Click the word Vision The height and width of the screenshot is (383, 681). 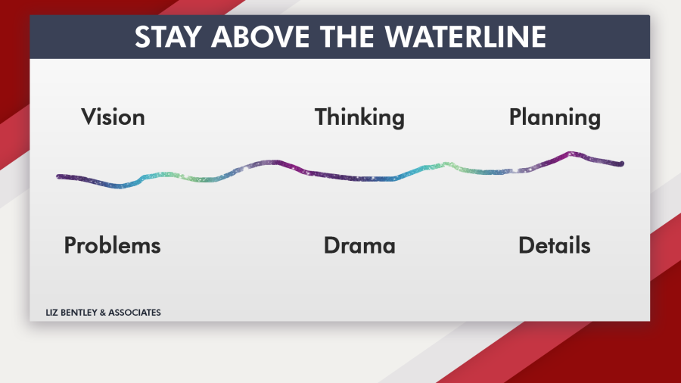[x=113, y=117]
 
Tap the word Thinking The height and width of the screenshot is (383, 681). [x=359, y=117]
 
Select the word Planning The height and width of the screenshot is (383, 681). [x=555, y=117]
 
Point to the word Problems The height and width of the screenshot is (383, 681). [x=113, y=245]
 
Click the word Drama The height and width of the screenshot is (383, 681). [x=359, y=245]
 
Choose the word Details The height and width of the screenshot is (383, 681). [x=555, y=245]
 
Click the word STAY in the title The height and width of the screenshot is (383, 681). [x=168, y=36]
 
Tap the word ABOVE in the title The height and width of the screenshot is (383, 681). [x=259, y=36]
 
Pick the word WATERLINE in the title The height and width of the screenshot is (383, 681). [x=465, y=36]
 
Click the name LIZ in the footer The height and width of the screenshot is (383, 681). [x=51, y=313]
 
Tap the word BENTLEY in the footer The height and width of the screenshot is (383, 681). [x=79, y=313]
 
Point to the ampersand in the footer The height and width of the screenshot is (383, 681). [x=102, y=313]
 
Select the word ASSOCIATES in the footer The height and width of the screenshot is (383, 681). [x=134, y=313]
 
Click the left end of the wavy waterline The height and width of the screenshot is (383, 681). [x=58, y=176]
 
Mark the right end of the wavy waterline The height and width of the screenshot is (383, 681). [x=622, y=163]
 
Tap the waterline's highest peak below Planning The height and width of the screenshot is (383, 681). [x=571, y=154]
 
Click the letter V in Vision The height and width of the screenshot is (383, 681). [x=89, y=117]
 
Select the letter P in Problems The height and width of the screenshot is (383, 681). [x=70, y=246]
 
